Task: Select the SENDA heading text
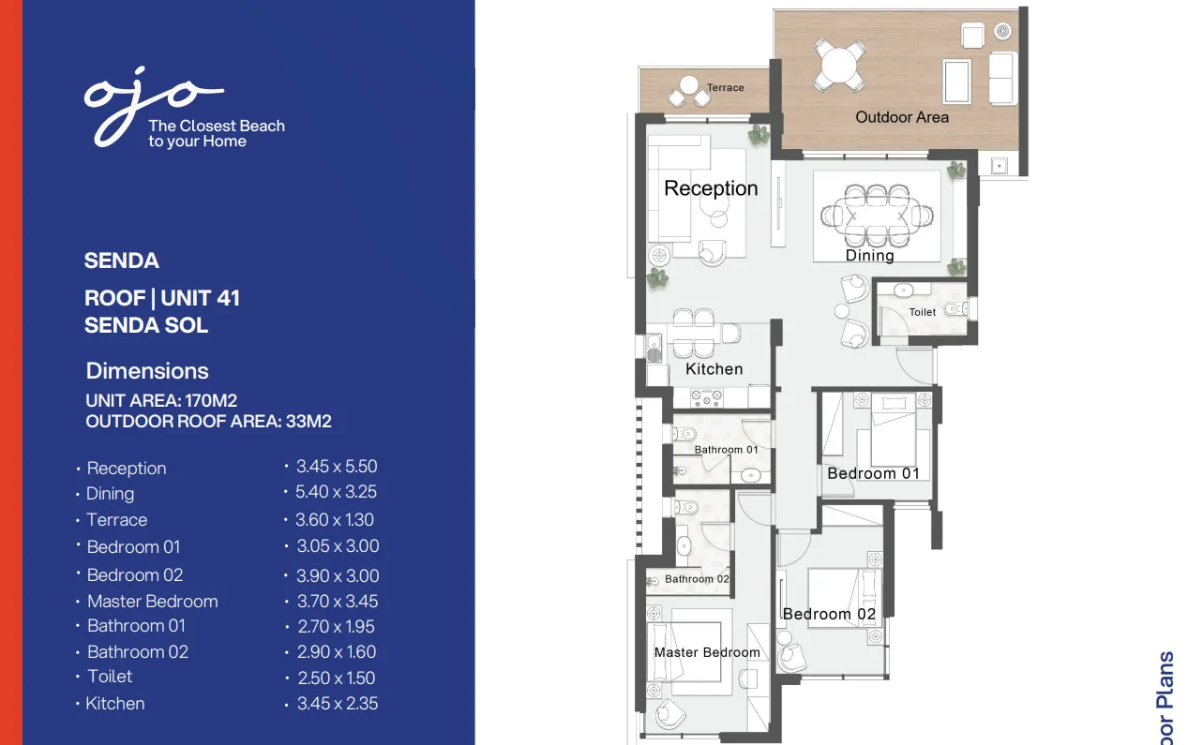click(x=121, y=261)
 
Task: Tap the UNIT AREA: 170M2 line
click(x=161, y=401)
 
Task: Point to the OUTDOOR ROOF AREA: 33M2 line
click(x=208, y=422)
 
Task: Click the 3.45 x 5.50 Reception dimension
click(x=336, y=467)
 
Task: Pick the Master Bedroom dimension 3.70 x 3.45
click(x=337, y=602)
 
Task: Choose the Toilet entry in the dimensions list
click(x=110, y=677)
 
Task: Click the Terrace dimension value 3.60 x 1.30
click(x=334, y=520)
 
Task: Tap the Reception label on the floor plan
click(x=711, y=188)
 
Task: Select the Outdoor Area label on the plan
click(x=902, y=117)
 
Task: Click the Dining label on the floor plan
click(x=869, y=255)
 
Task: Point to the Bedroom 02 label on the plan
click(x=829, y=615)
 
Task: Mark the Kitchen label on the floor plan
click(x=714, y=369)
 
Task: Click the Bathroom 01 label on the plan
click(x=726, y=450)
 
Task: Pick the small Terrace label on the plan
click(x=725, y=88)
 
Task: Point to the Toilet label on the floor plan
click(x=922, y=312)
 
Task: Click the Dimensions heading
click(x=147, y=371)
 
